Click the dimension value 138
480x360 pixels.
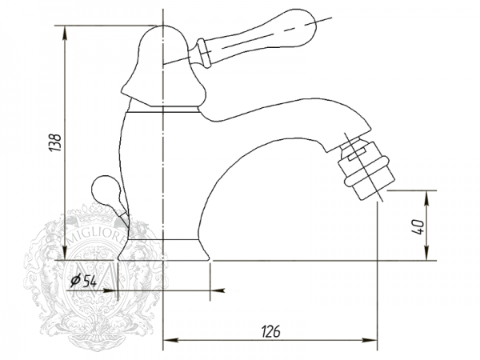[56, 142]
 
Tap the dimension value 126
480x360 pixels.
[270, 331]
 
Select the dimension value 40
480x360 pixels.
[418, 226]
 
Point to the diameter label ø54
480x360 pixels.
[83, 281]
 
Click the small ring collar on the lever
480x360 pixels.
[204, 53]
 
